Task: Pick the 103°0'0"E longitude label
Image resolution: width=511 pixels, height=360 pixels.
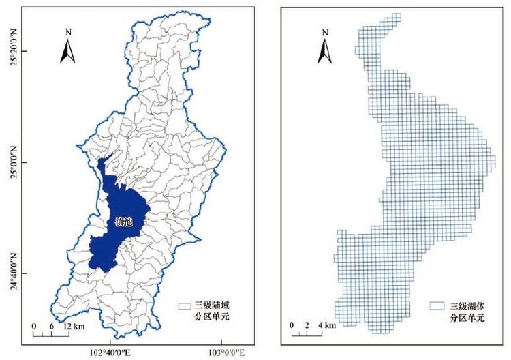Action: point(219,352)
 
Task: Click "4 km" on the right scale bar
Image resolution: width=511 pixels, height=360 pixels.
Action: point(329,326)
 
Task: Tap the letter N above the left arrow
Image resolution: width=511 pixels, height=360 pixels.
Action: point(68,32)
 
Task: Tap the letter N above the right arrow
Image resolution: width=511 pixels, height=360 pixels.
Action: point(325,32)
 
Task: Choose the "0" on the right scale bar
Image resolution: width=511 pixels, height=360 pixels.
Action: point(292,326)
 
